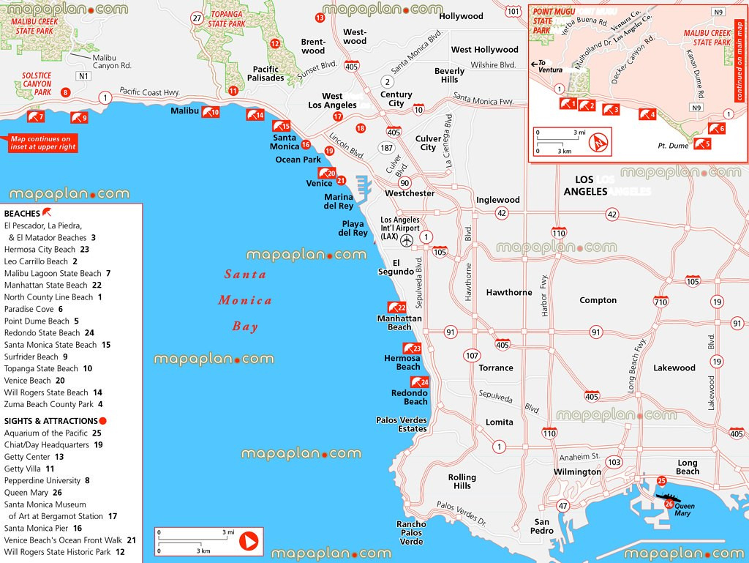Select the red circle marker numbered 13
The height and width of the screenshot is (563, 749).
[320, 18]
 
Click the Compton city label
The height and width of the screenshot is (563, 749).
[598, 300]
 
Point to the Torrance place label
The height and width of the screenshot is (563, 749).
[496, 368]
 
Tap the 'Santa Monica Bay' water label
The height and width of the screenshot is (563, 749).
[245, 300]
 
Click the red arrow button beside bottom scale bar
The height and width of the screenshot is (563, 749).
[249, 542]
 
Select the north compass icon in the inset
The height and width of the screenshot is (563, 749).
[599, 141]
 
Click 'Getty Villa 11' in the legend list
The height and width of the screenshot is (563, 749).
[29, 469]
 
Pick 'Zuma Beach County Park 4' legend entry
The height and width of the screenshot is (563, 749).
[53, 404]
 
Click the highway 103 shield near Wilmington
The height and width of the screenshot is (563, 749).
[614, 462]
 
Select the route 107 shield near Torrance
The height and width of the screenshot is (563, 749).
[472, 356]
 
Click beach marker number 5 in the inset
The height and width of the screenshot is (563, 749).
[702, 143]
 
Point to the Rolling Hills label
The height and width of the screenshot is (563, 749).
[462, 481]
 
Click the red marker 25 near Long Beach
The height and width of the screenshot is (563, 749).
[661, 481]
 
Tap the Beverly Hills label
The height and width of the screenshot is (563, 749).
[449, 75]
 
